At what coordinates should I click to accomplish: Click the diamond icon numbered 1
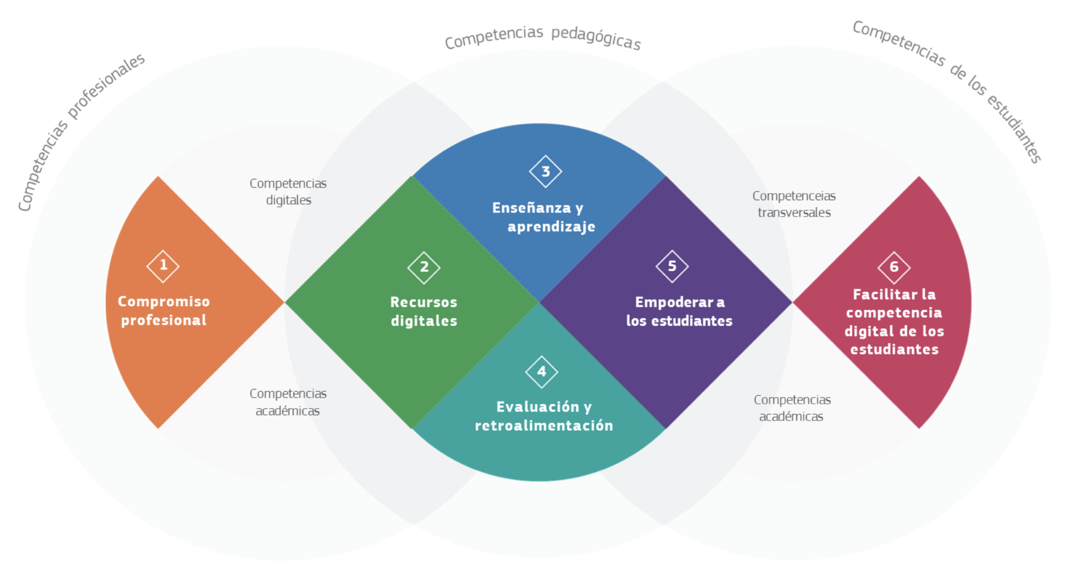[163, 266]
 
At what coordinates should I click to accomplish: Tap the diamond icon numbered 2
[424, 268]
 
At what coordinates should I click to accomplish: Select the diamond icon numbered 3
[546, 172]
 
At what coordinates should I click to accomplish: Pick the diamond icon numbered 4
[542, 372]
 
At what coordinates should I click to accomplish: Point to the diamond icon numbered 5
[672, 266]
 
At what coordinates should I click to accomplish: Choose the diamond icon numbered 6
[894, 268]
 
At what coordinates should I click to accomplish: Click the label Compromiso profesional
[164, 311]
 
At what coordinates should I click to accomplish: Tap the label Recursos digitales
[424, 311]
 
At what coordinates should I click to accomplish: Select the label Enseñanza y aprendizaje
[544, 217]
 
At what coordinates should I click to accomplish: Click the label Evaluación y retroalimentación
[544, 416]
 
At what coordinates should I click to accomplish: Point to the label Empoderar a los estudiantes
[679, 311]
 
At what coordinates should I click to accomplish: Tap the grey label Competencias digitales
[288, 192]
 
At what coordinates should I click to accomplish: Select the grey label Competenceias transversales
[794, 204]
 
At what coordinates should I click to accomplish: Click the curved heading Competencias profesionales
[81, 132]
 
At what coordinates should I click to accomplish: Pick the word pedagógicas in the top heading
[596, 38]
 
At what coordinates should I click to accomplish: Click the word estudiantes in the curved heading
[1015, 128]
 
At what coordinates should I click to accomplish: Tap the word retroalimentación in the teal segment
[544, 426]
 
